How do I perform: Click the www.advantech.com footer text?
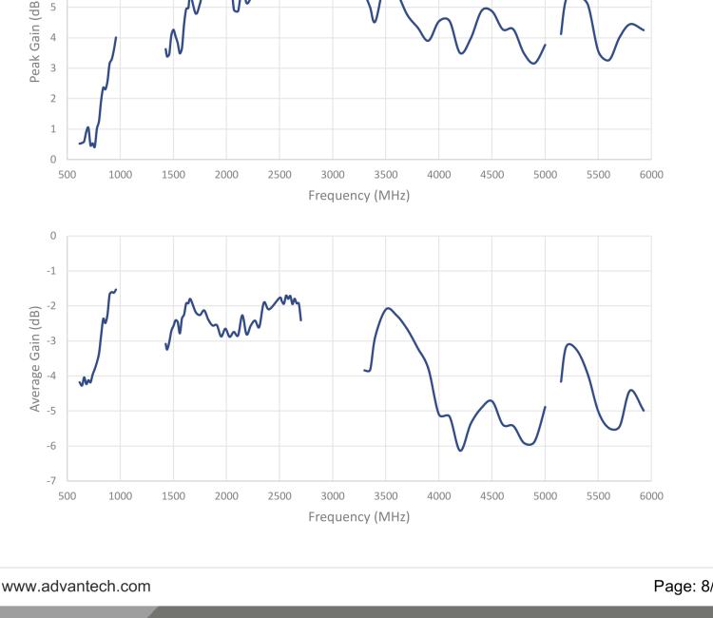pyautogui.click(x=75, y=586)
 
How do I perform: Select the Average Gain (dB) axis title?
pyautogui.click(x=35, y=358)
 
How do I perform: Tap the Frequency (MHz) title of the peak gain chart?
pyautogui.click(x=358, y=195)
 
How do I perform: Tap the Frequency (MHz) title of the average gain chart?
pyautogui.click(x=358, y=517)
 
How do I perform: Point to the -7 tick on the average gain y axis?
pyautogui.click(x=53, y=481)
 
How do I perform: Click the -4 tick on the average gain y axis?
pyautogui.click(x=53, y=376)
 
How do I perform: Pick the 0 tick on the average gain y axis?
pyautogui.click(x=53, y=235)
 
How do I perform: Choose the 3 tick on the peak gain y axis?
pyautogui.click(x=53, y=68)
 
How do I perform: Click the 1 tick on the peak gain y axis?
pyautogui.click(x=53, y=128)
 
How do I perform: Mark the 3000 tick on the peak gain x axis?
pyautogui.click(x=333, y=174)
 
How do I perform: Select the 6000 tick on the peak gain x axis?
pyautogui.click(x=651, y=174)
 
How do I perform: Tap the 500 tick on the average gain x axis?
pyautogui.click(x=67, y=496)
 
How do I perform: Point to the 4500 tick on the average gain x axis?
pyautogui.click(x=491, y=496)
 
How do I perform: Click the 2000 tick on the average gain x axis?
pyautogui.click(x=226, y=496)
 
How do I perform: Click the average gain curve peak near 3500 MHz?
pyautogui.click(x=388, y=308)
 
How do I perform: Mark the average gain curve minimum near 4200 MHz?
pyautogui.click(x=461, y=450)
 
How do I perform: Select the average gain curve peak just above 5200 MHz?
pyautogui.click(x=569, y=344)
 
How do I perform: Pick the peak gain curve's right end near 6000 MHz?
pyautogui.click(x=644, y=30)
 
